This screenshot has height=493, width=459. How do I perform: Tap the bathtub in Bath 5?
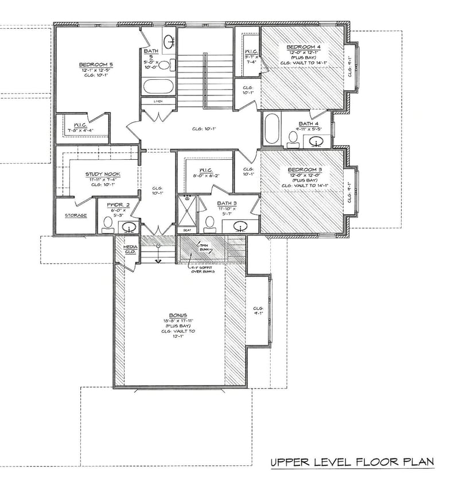(158, 87)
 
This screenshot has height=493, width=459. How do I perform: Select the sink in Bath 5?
(169, 41)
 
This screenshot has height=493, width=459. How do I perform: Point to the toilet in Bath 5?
(165, 64)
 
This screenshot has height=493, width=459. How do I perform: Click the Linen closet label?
(158, 101)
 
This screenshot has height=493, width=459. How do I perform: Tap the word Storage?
(76, 215)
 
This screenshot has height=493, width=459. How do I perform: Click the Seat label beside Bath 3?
(186, 230)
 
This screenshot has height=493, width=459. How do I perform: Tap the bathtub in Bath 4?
(272, 129)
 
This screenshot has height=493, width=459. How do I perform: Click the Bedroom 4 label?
(304, 47)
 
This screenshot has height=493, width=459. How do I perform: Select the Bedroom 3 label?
(304, 171)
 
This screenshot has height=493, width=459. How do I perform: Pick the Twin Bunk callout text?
(204, 248)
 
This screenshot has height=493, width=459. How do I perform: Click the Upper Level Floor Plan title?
(352, 462)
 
